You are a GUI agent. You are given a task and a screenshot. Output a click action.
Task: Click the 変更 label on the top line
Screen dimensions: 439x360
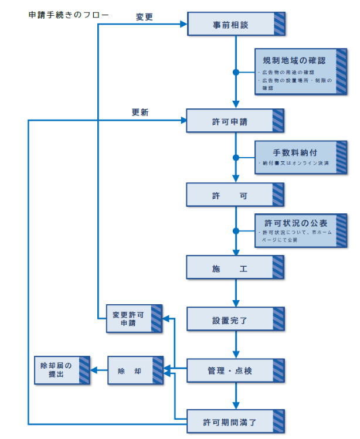coord(144,17)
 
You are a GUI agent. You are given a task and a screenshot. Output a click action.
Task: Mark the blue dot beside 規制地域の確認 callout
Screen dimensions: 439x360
coord(236,73)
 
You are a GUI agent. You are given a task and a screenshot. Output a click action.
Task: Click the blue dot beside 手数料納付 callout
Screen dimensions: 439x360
coord(236,158)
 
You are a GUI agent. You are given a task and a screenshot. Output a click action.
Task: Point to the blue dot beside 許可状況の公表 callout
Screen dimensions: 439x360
coord(236,231)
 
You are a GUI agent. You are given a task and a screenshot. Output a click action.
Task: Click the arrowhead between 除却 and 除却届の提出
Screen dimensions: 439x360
coord(97,370)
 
